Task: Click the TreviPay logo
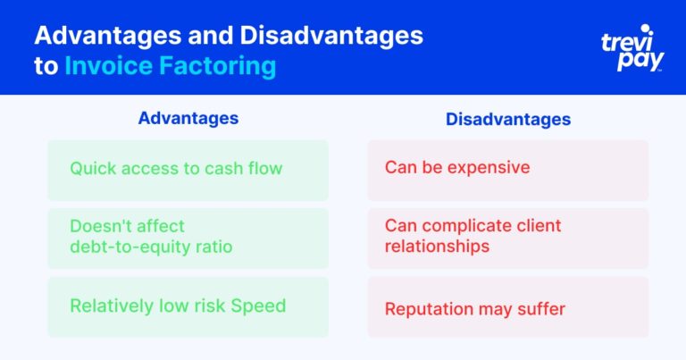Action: point(632,48)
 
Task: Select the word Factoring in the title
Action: point(217,66)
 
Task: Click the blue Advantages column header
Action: point(188,118)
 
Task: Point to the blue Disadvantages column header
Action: point(508,119)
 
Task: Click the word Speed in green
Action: point(258,306)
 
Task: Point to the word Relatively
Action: point(112,306)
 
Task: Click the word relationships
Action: point(437,247)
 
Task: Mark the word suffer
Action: point(541,309)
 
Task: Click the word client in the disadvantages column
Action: point(539,225)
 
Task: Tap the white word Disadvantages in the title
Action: point(331,36)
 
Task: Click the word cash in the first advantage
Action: point(223,169)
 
